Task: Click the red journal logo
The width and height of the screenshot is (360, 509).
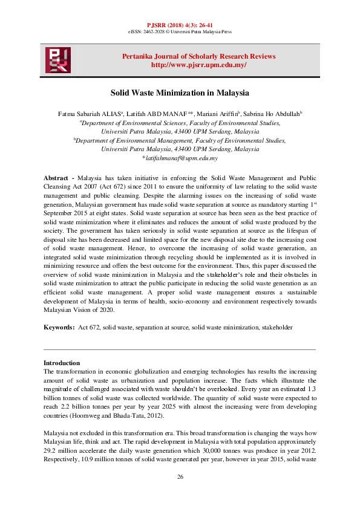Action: tap(57, 60)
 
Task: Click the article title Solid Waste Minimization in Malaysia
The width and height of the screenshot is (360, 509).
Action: tap(180, 94)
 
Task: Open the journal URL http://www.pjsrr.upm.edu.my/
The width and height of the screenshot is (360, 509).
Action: tap(198, 65)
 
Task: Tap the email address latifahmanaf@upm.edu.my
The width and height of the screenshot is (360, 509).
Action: tap(180, 158)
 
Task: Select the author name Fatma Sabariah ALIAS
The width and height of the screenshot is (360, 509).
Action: tap(77, 113)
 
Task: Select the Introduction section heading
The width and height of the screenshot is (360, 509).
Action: tap(62, 363)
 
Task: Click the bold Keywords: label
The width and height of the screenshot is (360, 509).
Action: tap(59, 327)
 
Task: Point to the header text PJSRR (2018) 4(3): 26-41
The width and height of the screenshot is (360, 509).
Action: tap(180, 23)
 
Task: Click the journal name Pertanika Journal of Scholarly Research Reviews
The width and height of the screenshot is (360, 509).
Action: tap(198, 56)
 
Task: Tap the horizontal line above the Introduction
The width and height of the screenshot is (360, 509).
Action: tap(180, 349)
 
